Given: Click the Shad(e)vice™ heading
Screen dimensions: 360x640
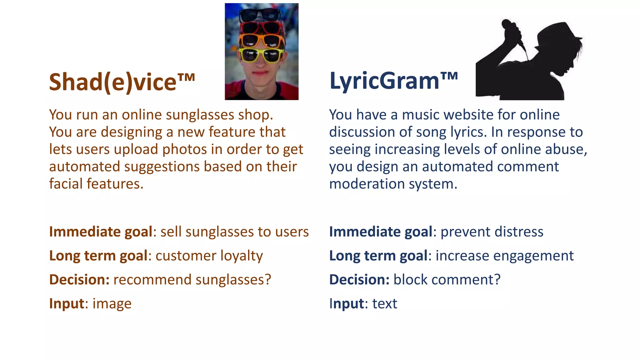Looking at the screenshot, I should tap(122, 82).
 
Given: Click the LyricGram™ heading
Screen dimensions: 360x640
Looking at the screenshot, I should tap(393, 81).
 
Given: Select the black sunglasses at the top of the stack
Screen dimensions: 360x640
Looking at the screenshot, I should tap(260, 14).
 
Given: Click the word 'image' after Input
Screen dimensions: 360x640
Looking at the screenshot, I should tap(112, 304).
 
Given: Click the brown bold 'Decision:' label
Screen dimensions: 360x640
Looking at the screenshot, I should tap(79, 280).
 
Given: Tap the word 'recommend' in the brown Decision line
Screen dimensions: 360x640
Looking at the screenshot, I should tap(152, 280).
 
